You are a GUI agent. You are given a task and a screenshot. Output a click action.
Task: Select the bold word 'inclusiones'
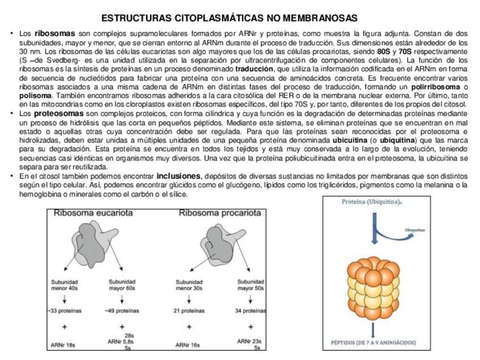click(x=178, y=176)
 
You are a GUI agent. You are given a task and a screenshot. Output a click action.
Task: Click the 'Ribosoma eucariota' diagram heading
click(x=93, y=213)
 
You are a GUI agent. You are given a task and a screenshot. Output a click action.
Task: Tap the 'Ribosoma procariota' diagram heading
click(x=220, y=213)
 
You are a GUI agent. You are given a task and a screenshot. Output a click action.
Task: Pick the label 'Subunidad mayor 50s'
click(x=250, y=285)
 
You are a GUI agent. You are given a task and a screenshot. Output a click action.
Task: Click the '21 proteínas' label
click(x=189, y=311)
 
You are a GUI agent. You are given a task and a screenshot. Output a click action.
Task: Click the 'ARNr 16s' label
click(x=188, y=345)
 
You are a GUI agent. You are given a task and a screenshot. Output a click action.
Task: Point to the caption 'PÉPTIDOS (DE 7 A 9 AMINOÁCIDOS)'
click(x=374, y=342)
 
